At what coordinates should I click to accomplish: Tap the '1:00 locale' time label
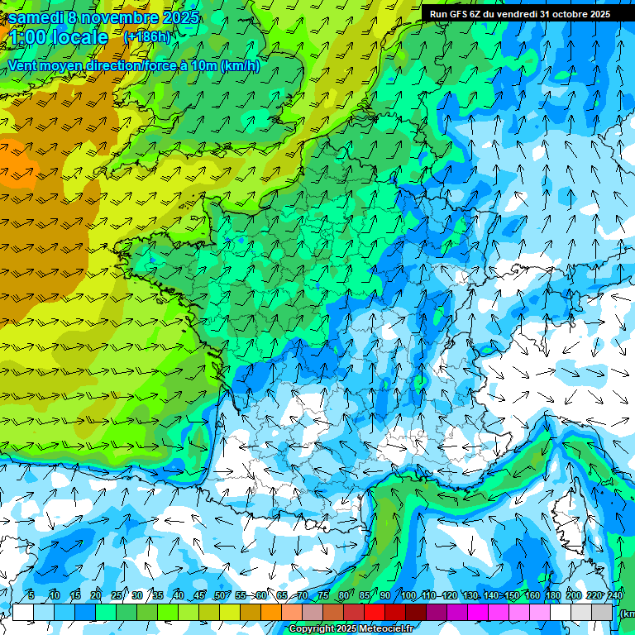58,37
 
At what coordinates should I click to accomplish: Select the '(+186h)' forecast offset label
146,37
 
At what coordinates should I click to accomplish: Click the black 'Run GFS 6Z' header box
519,13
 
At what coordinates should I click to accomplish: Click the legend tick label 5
31,595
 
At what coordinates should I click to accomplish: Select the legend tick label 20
96,595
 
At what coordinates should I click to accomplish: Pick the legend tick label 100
408,595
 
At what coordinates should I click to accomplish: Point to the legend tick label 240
615,595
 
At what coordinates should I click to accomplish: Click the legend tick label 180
553,595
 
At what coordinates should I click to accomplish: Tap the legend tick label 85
365,595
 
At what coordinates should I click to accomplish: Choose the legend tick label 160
532,595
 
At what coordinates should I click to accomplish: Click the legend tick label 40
179,595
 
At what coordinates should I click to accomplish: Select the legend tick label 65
282,595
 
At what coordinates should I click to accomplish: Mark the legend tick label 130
470,595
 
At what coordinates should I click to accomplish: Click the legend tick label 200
574,595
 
